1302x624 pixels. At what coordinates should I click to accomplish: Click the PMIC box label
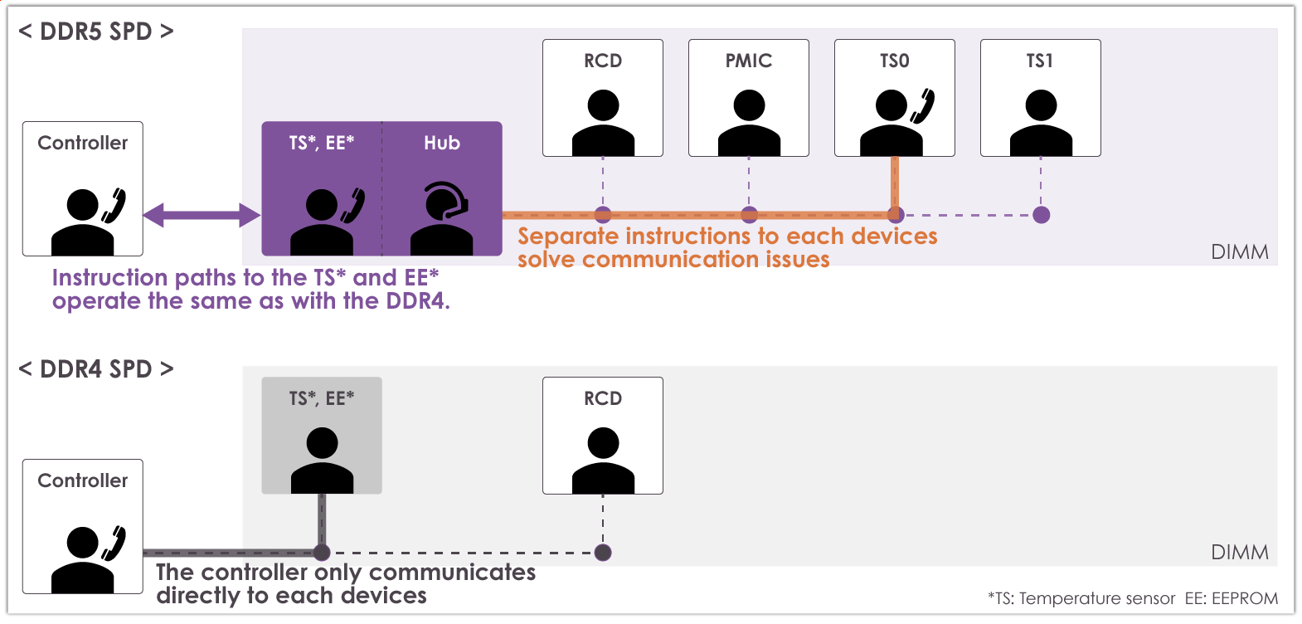click(748, 61)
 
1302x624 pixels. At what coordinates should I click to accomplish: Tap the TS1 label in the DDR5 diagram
click(1039, 61)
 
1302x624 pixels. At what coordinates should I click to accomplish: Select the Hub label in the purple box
click(442, 144)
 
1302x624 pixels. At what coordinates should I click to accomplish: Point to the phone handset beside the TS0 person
click(923, 106)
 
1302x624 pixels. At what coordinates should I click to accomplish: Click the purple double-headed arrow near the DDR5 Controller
click(202, 216)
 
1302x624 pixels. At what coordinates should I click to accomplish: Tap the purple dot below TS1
click(1042, 215)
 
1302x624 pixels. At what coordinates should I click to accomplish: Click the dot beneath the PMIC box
click(749, 215)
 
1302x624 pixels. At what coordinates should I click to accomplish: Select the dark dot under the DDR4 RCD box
click(603, 553)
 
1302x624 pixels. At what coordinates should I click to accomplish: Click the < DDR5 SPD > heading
click(96, 32)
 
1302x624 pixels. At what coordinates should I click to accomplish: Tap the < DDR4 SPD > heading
click(96, 369)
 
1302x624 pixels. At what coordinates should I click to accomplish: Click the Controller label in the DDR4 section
click(83, 481)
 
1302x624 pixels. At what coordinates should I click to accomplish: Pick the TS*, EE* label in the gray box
click(322, 399)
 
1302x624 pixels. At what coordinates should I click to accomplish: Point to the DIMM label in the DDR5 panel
click(1239, 252)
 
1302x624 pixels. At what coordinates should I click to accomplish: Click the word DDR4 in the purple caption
click(415, 301)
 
